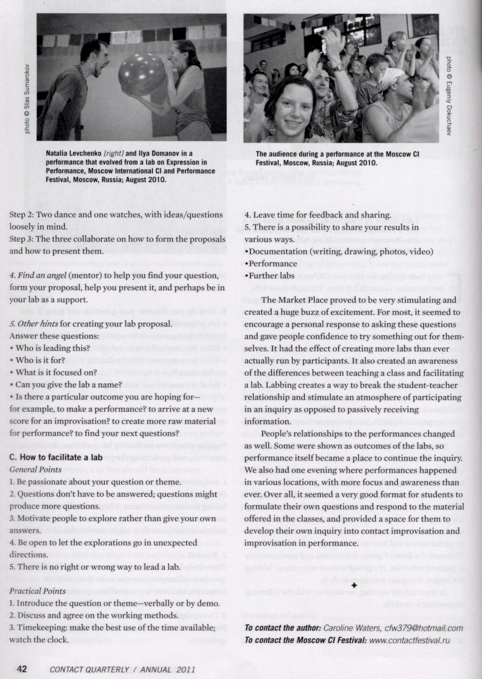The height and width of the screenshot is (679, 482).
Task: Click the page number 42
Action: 21,669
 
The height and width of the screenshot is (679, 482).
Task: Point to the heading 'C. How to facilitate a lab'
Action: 56,457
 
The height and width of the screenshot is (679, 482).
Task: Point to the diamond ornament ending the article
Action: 354,586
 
